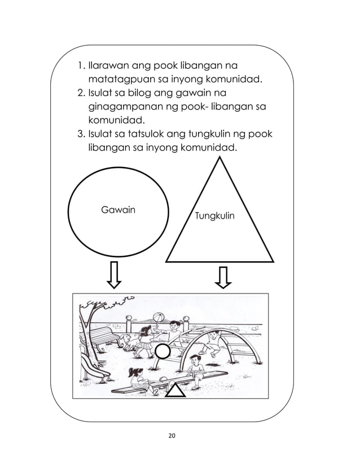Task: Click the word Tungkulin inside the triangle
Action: point(214,216)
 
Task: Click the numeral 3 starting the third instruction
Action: point(79,134)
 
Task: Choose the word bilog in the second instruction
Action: point(134,93)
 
